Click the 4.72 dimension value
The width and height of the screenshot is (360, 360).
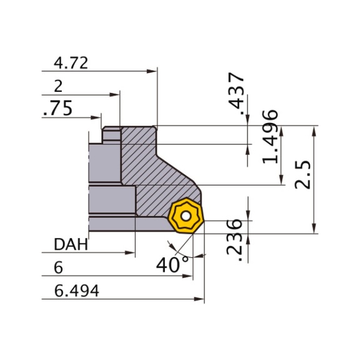point(71,63)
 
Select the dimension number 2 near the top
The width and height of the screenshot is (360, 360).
point(58,86)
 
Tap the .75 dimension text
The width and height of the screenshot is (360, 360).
point(57,108)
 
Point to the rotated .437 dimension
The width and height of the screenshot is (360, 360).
point(236,94)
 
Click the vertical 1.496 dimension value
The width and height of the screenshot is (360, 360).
point(270,137)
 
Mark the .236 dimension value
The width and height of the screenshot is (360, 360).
point(234,241)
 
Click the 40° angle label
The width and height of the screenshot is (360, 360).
point(172,265)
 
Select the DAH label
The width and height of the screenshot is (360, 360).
point(71,244)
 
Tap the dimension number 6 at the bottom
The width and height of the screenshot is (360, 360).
point(58,267)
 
